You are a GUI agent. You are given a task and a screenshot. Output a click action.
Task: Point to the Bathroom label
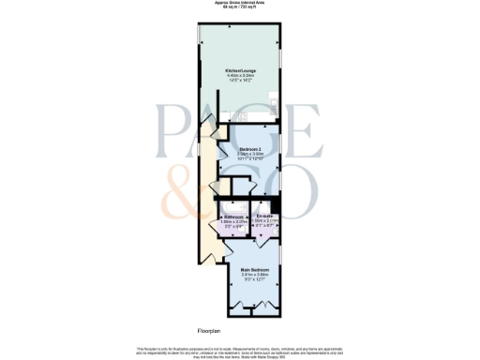(x=234, y=217)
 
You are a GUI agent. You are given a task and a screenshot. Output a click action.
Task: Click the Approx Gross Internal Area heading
(x=239, y=4)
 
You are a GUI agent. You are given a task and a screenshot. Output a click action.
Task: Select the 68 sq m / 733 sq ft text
(x=239, y=9)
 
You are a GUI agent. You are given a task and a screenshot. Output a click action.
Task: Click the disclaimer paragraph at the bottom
(x=239, y=348)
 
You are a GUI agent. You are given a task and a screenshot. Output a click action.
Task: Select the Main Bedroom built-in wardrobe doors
(x=254, y=307)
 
